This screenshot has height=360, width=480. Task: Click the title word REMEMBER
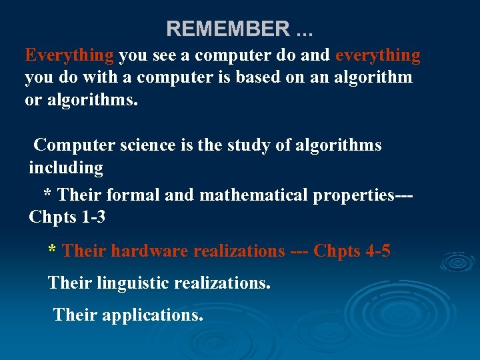pyautogui.click(x=228, y=29)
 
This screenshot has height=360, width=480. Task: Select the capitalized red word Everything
pyautogui.click(x=70, y=55)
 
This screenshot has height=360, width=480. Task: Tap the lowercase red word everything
pyautogui.click(x=378, y=55)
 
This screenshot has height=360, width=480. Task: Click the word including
pyautogui.click(x=66, y=168)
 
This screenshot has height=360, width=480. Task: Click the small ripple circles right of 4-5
pyautogui.click(x=457, y=261)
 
